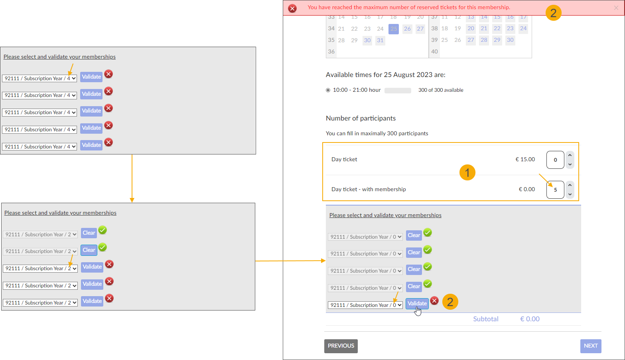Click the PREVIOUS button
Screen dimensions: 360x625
point(341,346)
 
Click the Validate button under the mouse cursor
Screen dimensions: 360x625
point(417,304)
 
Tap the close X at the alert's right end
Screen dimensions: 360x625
point(616,8)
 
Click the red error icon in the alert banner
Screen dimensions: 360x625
point(292,8)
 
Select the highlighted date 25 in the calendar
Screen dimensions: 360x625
point(394,29)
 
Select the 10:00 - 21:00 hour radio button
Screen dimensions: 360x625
point(328,90)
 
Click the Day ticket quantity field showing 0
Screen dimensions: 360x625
point(555,160)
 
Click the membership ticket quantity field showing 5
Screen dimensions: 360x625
point(555,190)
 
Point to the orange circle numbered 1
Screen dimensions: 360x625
point(467,172)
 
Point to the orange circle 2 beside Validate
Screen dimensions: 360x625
point(450,302)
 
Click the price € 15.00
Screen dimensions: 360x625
point(525,159)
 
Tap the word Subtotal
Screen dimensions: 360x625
point(485,319)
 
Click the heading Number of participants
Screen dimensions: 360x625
point(361,118)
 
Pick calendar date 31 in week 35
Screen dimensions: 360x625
point(380,40)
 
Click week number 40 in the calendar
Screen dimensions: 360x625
point(434,51)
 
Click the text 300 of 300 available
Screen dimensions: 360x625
point(440,90)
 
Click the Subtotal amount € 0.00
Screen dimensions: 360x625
point(530,319)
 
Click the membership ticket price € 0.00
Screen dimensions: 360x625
point(526,189)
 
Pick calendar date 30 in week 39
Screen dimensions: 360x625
point(510,40)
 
